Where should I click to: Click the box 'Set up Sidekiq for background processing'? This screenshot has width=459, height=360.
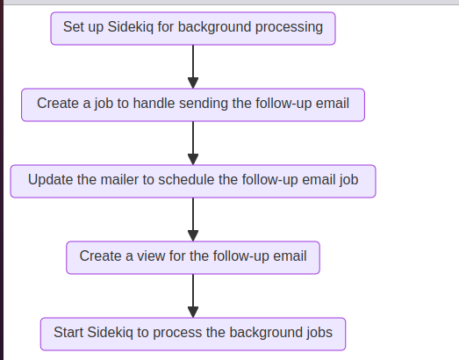(193, 27)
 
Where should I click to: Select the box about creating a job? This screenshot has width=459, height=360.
(193, 104)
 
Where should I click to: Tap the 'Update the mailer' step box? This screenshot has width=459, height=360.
(193, 180)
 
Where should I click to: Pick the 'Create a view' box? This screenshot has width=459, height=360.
(193, 256)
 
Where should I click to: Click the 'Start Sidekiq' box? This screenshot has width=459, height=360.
(193, 333)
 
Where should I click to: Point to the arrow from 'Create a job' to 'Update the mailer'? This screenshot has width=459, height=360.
(193, 141)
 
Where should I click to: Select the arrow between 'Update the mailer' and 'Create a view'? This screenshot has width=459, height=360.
(193, 218)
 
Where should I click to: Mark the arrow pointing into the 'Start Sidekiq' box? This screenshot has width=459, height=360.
(193, 295)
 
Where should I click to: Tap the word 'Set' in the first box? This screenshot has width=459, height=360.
(74, 27)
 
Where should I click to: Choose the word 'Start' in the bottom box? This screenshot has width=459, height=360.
(68, 333)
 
